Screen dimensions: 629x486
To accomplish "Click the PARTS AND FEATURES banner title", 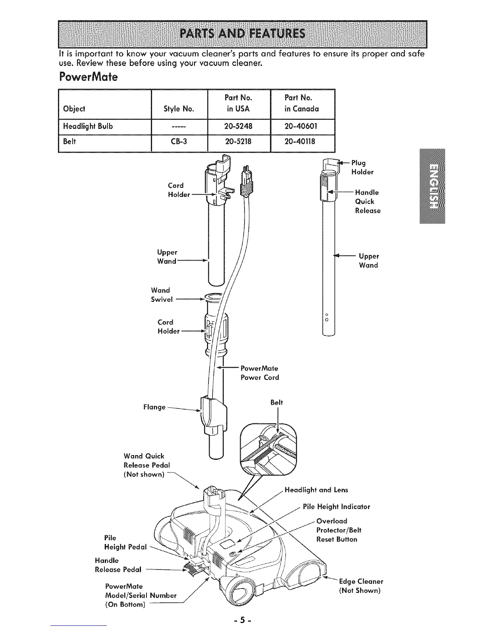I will point(243,33).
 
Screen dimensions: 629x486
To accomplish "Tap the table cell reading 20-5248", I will point(239,126).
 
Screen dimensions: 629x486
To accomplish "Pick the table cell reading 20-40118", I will point(300,141).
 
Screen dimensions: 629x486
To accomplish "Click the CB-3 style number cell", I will point(179,141).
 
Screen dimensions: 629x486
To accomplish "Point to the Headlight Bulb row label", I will point(88,126).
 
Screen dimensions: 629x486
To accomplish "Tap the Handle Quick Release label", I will point(367,201).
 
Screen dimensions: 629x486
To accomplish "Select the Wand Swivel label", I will point(162,295).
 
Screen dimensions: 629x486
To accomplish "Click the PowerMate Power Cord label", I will point(260,373).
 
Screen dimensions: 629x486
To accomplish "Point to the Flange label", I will point(154,407).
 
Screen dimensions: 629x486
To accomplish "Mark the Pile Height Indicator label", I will point(336,507).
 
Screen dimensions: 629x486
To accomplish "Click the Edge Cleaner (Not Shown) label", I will point(361,586).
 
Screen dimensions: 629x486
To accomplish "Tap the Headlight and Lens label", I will point(316,490).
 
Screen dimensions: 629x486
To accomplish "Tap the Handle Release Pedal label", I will point(118,565).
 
